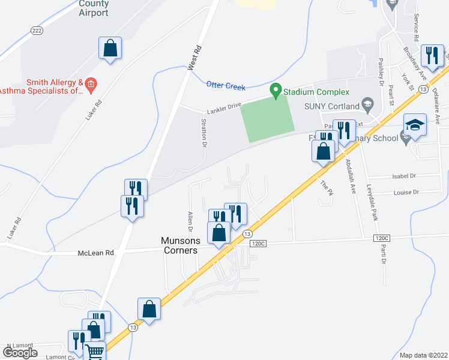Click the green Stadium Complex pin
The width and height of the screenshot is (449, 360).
276,91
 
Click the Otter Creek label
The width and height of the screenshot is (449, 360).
226,86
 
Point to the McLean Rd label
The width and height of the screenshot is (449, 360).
96,253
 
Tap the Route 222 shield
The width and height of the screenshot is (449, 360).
37,30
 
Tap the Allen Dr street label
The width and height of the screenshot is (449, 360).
190,221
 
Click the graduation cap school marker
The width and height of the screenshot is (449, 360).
415,126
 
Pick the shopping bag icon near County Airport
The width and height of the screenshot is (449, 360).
110,48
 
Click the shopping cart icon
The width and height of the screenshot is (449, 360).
94,352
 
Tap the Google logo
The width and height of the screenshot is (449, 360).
20,352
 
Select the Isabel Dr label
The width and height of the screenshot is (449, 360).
403,176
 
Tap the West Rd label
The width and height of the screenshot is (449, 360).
193,58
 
